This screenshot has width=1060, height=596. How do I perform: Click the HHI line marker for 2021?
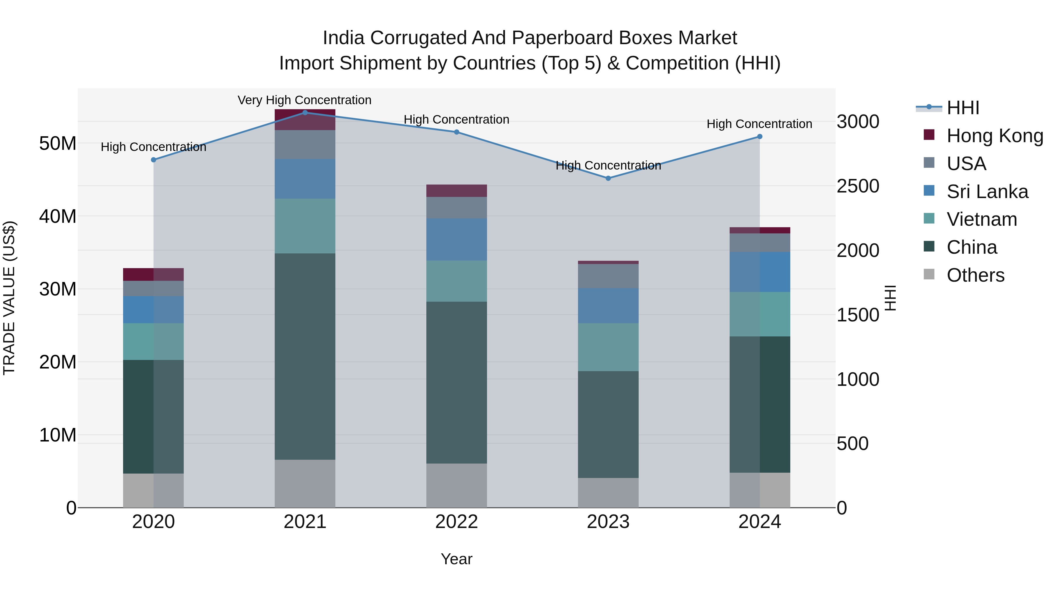[305, 112]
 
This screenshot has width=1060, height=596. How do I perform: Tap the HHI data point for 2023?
[608, 178]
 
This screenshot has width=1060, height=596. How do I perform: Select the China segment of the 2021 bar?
[305, 356]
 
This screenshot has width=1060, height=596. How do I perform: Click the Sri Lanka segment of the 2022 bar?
[456, 239]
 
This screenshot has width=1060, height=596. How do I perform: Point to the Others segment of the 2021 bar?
[305, 483]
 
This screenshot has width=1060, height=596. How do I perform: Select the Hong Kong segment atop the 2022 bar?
[456, 190]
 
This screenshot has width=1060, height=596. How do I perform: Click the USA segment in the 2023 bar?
[608, 276]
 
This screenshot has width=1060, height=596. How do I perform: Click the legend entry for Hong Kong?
[995, 136]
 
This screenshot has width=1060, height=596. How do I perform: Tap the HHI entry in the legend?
[963, 108]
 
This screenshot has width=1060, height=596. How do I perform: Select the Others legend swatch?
[929, 274]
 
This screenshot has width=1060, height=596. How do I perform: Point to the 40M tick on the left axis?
[58, 216]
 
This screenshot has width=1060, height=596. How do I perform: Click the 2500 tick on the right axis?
[858, 186]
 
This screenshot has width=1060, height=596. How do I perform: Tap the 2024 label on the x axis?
[760, 522]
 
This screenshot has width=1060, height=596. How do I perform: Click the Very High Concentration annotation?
[304, 100]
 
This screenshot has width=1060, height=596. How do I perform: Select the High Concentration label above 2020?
[153, 147]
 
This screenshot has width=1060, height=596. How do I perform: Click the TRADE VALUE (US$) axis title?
[9, 298]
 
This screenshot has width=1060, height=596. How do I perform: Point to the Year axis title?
[456, 559]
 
